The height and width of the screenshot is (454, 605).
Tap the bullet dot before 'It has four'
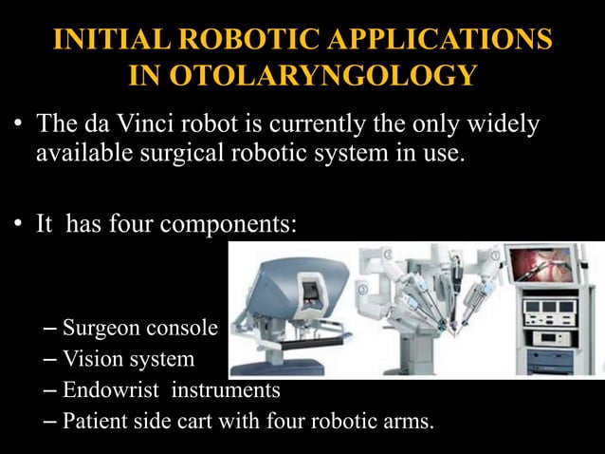point(19,226)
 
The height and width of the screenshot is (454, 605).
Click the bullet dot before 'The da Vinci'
point(19,125)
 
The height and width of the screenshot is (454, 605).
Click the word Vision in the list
point(91,359)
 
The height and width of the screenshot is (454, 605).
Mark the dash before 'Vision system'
point(51,359)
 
